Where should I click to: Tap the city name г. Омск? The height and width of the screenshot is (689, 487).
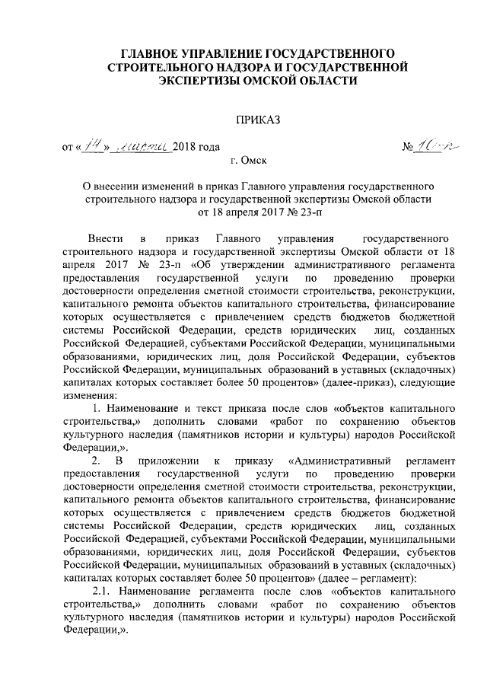coord(249,162)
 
